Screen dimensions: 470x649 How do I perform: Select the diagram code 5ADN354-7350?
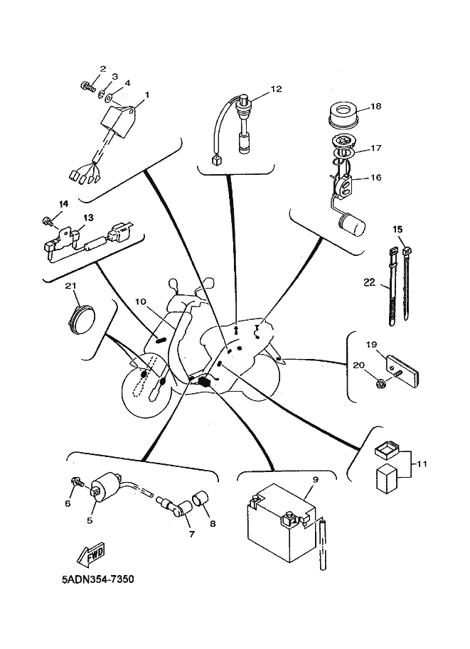pyautogui.click(x=98, y=579)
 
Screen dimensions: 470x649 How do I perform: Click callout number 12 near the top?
pyautogui.click(x=276, y=89)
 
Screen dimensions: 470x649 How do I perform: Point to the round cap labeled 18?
pyautogui.click(x=343, y=114)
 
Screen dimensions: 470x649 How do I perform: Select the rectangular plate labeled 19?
pyautogui.click(x=404, y=367)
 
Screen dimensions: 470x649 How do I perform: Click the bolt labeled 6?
pyautogui.click(x=77, y=482)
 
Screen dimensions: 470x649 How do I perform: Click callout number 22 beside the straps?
pyautogui.click(x=369, y=282)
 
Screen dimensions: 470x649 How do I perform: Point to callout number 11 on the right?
pyautogui.click(x=422, y=464)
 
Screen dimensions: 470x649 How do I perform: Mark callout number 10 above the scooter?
pyautogui.click(x=141, y=301)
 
